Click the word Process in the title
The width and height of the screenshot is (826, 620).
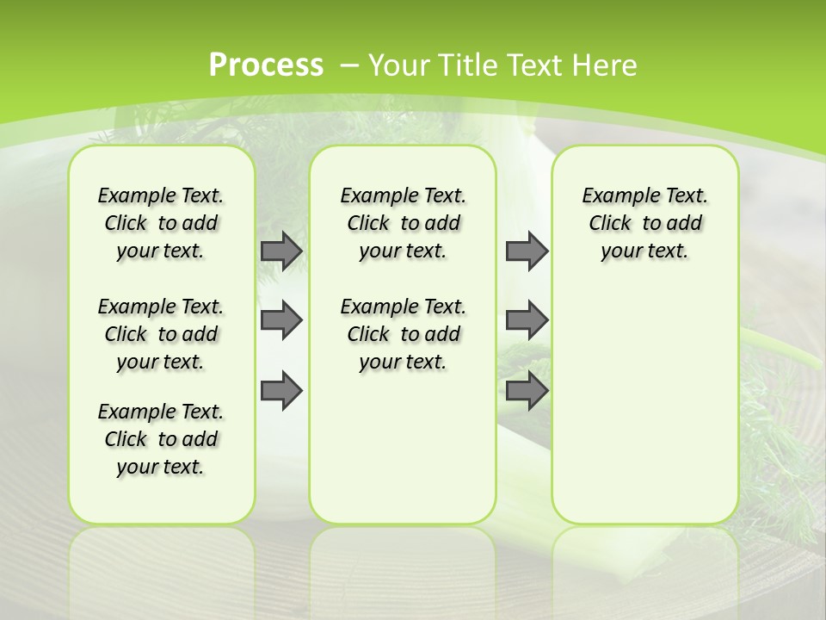266,65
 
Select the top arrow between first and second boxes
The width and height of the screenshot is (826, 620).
280,251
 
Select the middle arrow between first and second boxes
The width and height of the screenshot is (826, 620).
280,320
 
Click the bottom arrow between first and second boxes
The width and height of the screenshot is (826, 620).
280,391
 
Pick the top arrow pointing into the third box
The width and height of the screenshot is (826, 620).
526,251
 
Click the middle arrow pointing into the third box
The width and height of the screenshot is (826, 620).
526,320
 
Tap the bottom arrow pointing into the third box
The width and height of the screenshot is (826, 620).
526,391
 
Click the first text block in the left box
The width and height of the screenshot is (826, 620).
161,223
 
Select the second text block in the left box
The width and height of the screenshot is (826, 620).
161,334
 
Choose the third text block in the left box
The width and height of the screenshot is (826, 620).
161,439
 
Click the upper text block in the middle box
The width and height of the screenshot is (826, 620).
403,223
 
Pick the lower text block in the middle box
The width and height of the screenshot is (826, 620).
403,334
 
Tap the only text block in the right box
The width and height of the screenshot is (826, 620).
645,223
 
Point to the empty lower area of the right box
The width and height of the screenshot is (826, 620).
645,405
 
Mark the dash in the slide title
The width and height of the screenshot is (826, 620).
349,65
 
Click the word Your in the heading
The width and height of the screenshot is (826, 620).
398,65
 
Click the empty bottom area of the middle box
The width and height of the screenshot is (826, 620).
403,456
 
